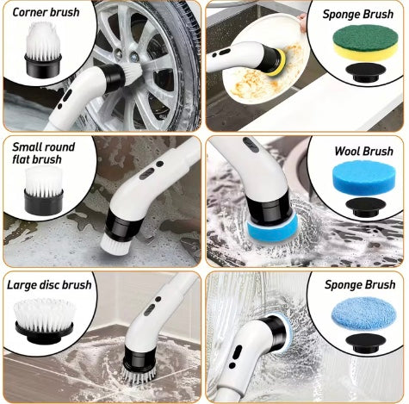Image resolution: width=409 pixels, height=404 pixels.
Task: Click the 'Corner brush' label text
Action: point(46,12)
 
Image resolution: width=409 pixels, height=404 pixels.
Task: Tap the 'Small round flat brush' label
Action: point(43,153)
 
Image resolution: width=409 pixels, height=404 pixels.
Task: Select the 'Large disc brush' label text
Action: point(49,285)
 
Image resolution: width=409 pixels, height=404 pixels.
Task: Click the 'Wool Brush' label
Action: point(363,151)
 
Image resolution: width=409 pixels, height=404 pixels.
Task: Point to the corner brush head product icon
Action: point(43,49)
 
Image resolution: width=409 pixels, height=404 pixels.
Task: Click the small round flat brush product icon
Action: point(44,190)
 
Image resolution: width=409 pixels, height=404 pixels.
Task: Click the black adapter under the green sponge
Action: point(365,72)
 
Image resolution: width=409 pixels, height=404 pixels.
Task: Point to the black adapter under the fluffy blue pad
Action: point(365,343)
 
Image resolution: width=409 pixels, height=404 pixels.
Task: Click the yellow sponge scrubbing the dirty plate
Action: point(278,63)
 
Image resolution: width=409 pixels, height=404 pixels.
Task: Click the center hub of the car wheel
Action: point(127,55)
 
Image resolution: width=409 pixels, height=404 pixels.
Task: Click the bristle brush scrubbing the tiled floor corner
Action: point(139,375)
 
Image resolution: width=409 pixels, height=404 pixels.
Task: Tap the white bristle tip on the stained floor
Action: point(115,245)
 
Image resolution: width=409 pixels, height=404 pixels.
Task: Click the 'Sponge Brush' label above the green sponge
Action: point(358,14)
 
